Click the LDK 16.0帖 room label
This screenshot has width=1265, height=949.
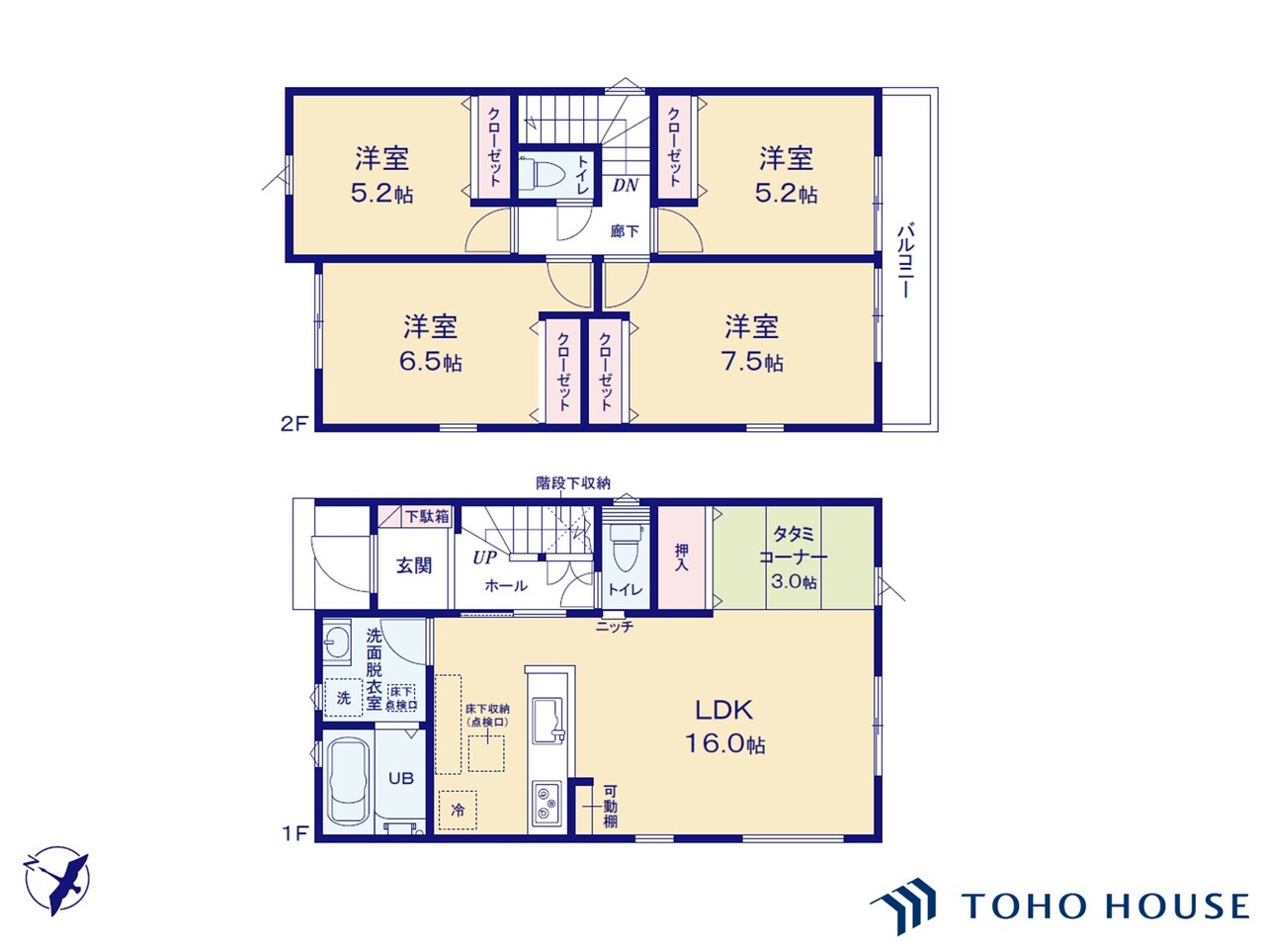click(724, 727)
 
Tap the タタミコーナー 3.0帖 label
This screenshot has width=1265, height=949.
click(793, 558)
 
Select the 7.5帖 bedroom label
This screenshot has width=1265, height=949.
click(751, 343)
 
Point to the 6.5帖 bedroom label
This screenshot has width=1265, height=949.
click(431, 343)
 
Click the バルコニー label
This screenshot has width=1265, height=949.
click(905, 260)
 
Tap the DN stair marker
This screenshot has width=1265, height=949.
click(626, 185)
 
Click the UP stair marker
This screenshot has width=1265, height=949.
click(484, 558)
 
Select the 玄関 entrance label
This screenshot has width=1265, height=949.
click(414, 565)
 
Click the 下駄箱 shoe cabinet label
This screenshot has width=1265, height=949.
click(427, 516)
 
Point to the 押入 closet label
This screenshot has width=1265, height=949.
click(681, 557)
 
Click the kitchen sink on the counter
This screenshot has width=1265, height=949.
click(548, 721)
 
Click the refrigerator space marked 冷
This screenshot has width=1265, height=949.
click(458, 811)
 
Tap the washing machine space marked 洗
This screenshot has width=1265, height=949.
click(344, 698)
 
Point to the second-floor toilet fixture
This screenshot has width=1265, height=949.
click(540, 172)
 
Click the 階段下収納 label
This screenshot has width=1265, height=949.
click(573, 482)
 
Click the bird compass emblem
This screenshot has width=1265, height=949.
click(56, 880)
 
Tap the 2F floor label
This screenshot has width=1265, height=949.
click(295, 424)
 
